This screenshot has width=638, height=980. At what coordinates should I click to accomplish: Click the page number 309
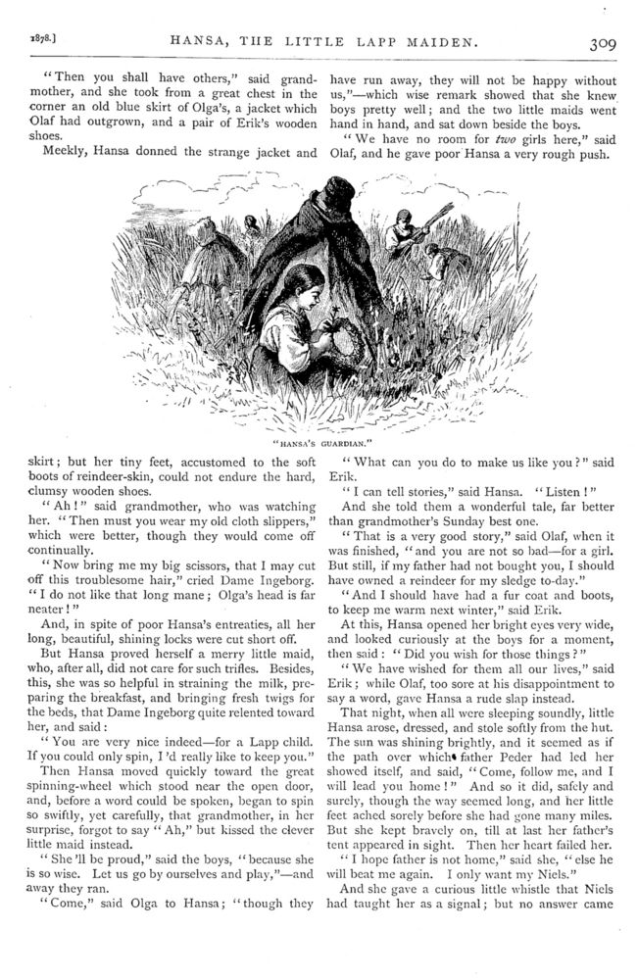click(599, 42)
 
